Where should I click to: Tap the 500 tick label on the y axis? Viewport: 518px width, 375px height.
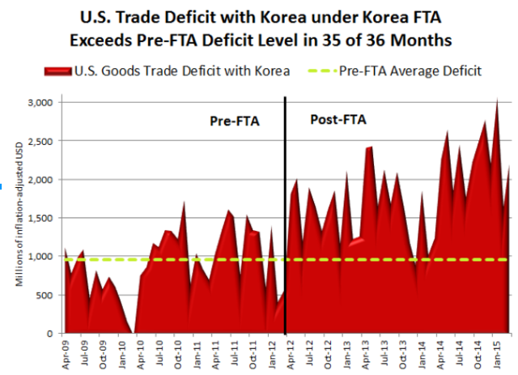44,295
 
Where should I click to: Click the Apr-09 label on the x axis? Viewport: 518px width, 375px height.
66,353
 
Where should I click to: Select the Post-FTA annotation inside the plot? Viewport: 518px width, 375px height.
338,120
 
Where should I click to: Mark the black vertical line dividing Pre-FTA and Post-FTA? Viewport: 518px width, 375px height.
286,211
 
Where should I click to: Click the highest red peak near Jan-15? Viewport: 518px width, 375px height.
496,100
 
